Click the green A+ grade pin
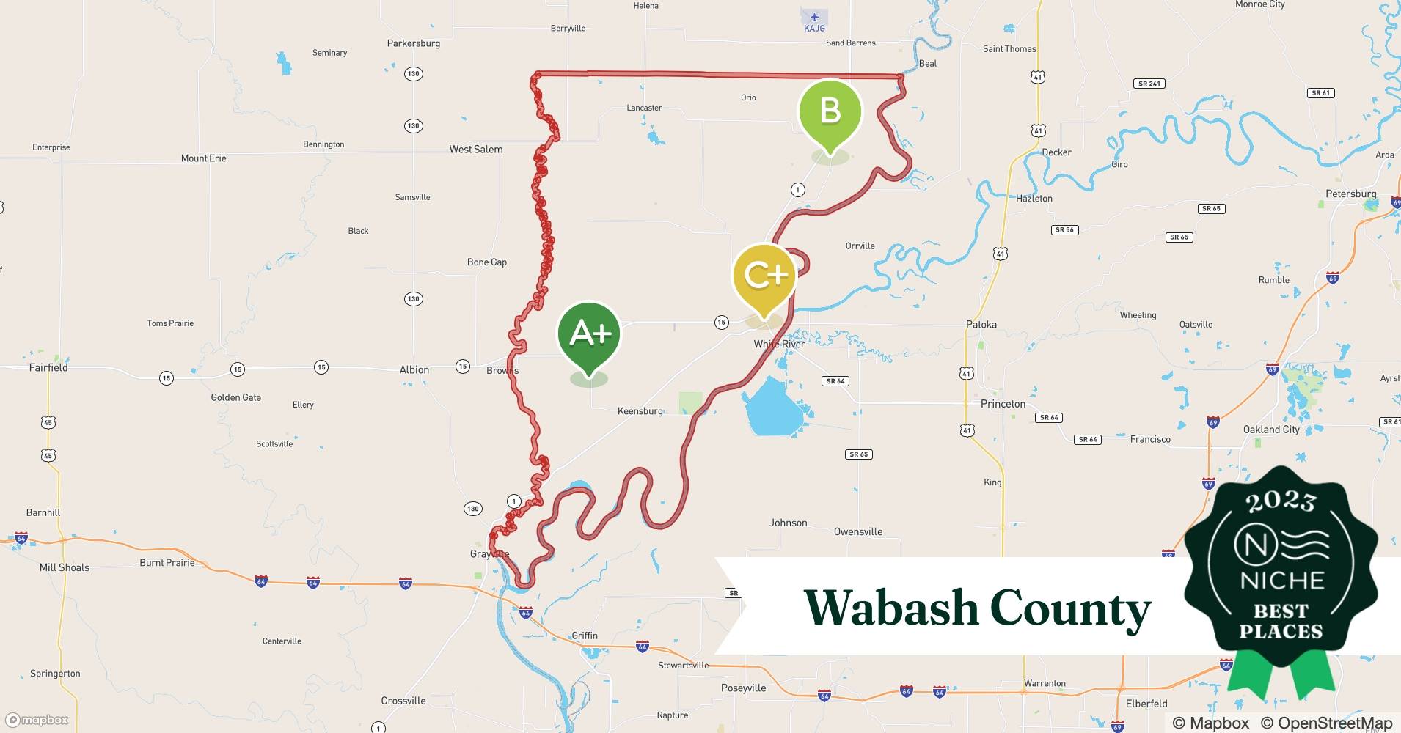tap(589, 334)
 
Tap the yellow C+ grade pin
tap(764, 276)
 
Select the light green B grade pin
tap(830, 111)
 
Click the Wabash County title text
tap(977, 608)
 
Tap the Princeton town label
tap(1003, 404)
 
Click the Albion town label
tap(414, 370)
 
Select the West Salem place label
tap(476, 150)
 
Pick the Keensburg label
tap(640, 411)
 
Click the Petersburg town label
tap(1350, 194)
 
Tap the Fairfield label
tap(48, 368)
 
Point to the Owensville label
tap(857, 532)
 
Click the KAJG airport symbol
tap(814, 17)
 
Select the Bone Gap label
tap(487, 262)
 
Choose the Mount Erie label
tap(203, 158)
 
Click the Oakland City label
tap(1271, 430)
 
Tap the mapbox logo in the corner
tap(37, 720)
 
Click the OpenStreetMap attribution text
tap(1326, 723)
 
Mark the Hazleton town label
tap(1034, 199)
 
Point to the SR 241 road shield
tap(1149, 84)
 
